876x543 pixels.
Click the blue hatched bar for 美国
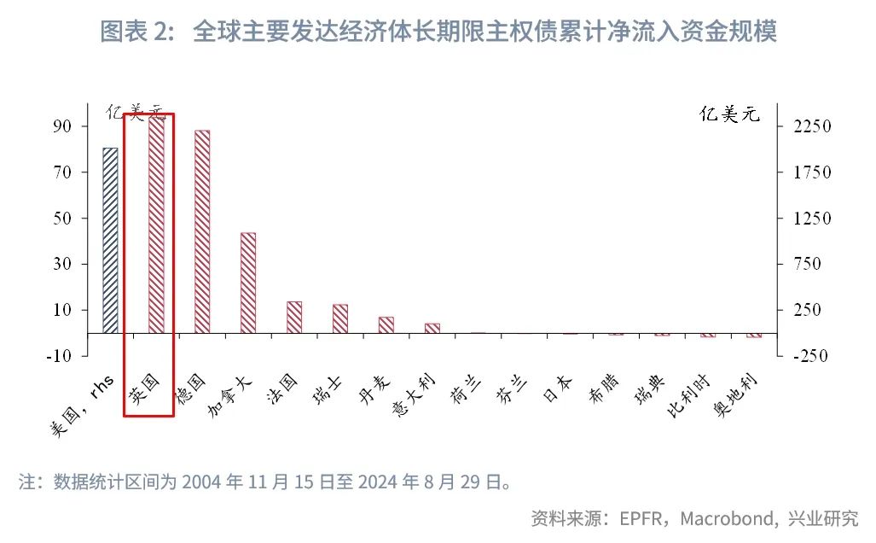click(110, 241)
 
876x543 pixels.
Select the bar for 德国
click(202, 231)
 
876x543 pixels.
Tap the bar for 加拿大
click(248, 283)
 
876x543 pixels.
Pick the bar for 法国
click(294, 317)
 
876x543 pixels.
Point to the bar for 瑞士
click(340, 318)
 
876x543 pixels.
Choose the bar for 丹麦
click(386, 324)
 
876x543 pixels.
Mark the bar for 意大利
click(432, 328)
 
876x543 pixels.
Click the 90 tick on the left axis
click(67, 126)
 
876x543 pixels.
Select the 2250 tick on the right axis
click(812, 126)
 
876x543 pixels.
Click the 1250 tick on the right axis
click(812, 219)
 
